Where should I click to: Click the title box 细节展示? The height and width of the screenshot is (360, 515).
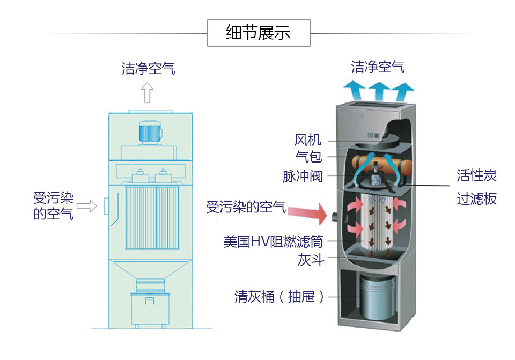coord(259,33)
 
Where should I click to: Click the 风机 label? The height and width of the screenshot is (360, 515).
coord(308,141)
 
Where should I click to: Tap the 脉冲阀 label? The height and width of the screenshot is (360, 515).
coord(303,176)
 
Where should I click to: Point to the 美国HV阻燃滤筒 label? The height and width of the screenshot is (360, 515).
coord(274,241)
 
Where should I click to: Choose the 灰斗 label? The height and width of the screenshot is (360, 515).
coord(311,260)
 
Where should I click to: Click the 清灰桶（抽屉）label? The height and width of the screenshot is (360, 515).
coord(279,297)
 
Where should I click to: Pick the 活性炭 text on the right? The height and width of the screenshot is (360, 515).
coord(476,175)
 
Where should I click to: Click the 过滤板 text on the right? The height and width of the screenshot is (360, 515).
coord(476,199)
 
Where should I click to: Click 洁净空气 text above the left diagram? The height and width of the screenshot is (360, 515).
coord(148,69)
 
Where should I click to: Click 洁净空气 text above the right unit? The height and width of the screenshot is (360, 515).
coord(378,67)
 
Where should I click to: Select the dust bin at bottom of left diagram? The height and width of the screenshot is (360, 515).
coord(150,308)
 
